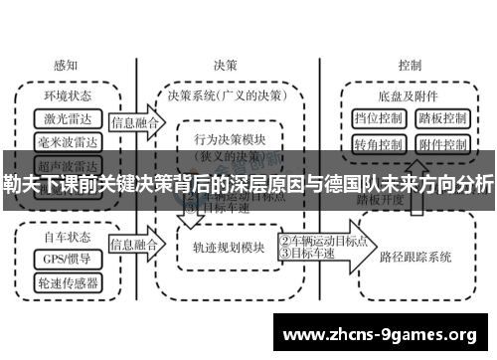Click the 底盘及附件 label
tap(410, 96)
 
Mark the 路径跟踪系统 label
tap(415, 256)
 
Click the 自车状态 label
tap(68, 239)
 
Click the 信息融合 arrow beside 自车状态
tap(134, 243)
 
